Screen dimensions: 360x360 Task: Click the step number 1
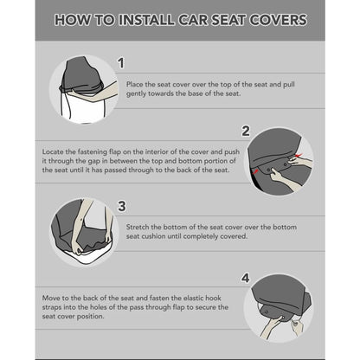(x=121, y=62)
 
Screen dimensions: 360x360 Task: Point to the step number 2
(x=245, y=131)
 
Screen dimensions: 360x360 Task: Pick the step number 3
(x=121, y=206)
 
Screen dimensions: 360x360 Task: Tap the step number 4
(x=245, y=279)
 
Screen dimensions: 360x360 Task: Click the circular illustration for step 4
(x=279, y=306)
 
